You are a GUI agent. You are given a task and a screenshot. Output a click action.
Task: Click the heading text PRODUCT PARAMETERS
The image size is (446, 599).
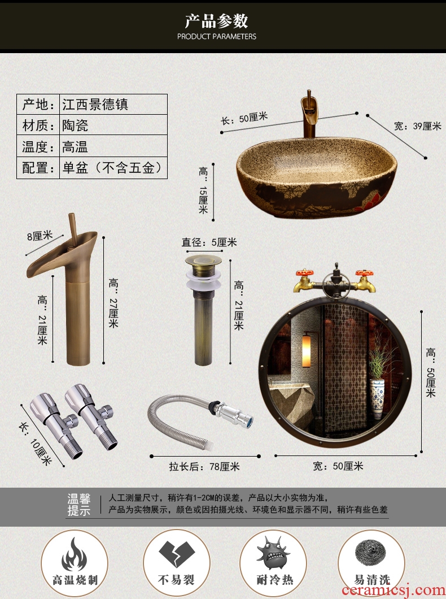[x=217, y=37]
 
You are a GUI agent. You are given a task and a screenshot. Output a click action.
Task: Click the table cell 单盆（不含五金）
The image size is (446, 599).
[x=113, y=167]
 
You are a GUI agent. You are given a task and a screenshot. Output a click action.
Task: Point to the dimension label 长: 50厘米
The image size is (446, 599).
[x=244, y=118]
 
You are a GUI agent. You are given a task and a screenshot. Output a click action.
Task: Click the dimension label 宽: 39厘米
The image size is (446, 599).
[x=417, y=126]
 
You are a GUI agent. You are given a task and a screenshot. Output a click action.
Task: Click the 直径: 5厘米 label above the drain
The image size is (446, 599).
[x=209, y=242]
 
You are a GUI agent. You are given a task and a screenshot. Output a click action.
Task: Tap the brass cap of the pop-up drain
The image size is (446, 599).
[x=203, y=262]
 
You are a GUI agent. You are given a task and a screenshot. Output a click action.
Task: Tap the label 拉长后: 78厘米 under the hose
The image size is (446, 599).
[x=204, y=466]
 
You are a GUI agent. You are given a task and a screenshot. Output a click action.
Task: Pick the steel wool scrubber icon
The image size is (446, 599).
[x=370, y=554]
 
